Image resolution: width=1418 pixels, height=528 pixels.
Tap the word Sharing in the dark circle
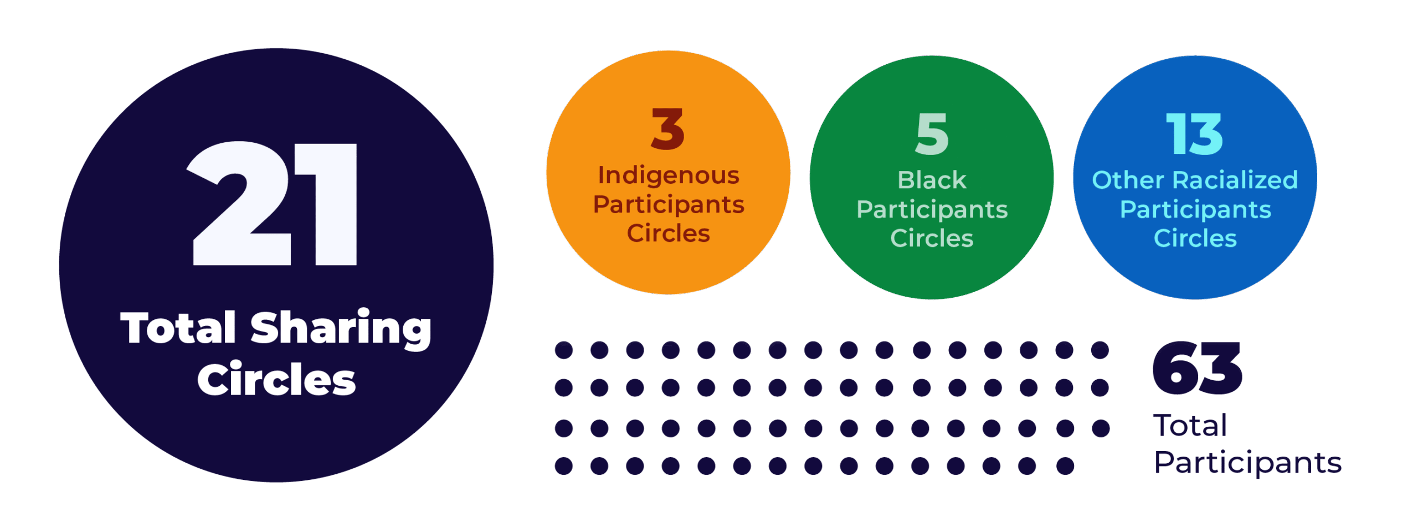coord(341,329)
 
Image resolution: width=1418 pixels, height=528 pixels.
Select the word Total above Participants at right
coord(1190,425)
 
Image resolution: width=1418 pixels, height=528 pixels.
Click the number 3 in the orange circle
coord(667,129)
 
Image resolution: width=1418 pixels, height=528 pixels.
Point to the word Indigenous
coord(669,175)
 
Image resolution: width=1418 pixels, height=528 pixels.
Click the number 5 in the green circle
coord(932,134)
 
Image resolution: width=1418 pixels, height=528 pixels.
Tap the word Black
coord(932,180)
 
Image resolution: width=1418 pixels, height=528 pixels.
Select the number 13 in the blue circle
coord(1194,134)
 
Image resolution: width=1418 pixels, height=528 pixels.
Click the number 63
coord(1196,369)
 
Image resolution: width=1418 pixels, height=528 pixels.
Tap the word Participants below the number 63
coord(1247,463)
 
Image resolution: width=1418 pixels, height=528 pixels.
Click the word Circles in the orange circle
coord(669,234)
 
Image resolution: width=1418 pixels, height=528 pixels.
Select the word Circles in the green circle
coord(932,239)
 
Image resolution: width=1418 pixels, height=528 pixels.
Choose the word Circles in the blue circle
coord(1195,239)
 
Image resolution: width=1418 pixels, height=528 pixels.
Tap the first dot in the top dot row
coord(564,350)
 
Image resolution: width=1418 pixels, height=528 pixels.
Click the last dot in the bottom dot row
coord(1065,465)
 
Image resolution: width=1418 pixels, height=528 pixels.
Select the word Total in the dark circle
coord(178,329)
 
